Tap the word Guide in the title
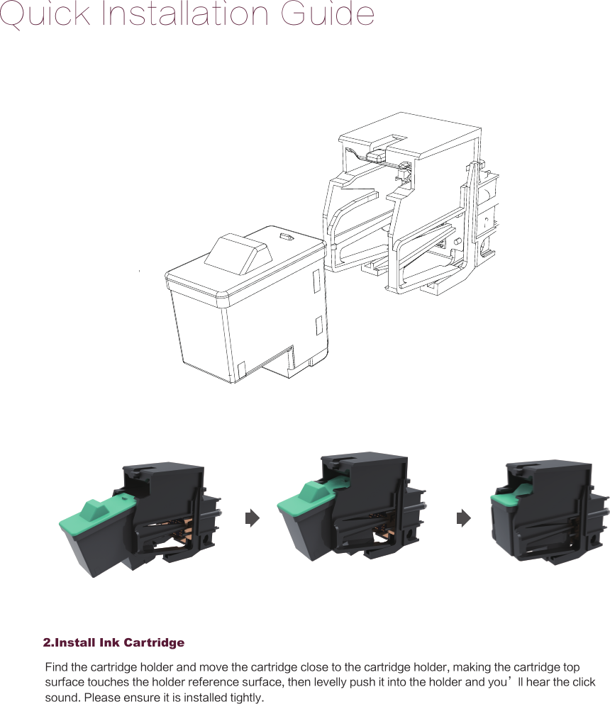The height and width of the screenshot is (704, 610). click(x=331, y=14)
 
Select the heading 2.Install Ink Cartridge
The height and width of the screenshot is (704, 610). click(x=113, y=643)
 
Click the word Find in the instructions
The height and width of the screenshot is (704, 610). click(x=57, y=667)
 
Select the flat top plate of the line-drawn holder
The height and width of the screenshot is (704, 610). click(x=411, y=135)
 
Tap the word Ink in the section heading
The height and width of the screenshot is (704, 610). click(x=110, y=643)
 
